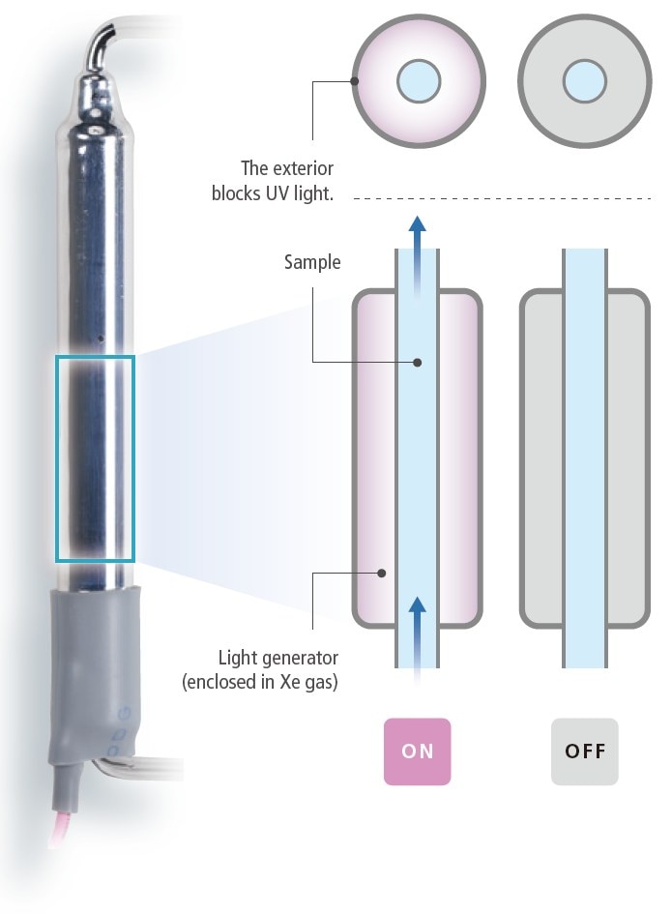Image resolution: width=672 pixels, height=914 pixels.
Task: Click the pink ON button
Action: point(418,751)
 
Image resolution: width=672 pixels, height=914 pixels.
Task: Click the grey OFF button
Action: point(585,751)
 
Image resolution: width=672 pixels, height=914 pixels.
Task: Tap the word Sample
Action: point(312,262)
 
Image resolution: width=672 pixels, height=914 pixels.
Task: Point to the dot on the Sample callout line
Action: point(417,364)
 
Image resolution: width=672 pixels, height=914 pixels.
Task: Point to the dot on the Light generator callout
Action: point(382,573)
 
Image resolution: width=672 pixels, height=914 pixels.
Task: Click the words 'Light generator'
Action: point(278,659)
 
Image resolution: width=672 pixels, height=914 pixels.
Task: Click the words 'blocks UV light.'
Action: point(272,193)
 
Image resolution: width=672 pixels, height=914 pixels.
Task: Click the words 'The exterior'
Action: point(287,169)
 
